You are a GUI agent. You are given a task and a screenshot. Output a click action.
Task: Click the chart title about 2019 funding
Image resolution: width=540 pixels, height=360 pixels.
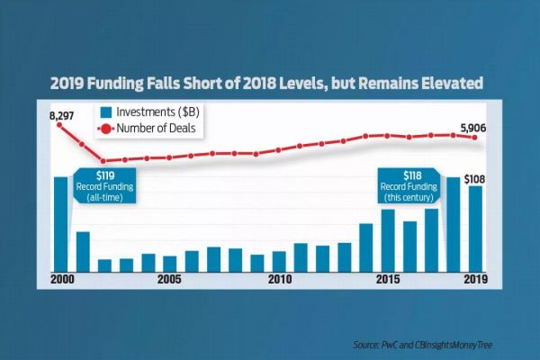270,84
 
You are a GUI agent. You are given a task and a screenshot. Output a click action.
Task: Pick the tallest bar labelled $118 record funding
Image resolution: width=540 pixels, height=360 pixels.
454,222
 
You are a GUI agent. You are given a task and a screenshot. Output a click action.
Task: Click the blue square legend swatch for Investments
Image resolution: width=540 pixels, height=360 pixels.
105,112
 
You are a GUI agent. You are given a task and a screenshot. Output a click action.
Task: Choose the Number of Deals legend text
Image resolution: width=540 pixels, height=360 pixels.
157,129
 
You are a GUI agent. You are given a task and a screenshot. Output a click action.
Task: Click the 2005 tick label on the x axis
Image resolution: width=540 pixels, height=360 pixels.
170,280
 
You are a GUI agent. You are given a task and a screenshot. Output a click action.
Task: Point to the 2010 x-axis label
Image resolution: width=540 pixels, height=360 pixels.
279,280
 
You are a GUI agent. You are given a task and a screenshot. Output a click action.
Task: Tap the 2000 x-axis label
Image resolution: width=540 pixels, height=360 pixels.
61,280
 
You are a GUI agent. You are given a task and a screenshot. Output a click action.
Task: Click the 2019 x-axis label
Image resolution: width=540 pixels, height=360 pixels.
475,280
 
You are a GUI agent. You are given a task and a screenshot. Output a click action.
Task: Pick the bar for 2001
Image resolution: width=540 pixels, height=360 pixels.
83,250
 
